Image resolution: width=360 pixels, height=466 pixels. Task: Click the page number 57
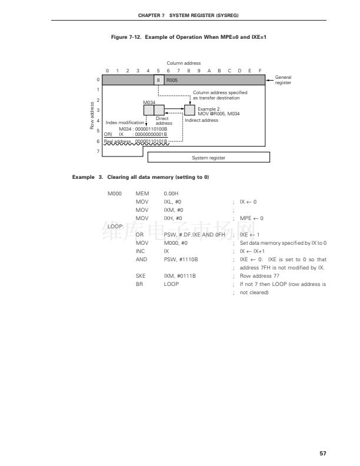323,454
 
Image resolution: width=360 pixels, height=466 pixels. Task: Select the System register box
208,158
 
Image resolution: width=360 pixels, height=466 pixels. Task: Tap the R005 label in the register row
172,79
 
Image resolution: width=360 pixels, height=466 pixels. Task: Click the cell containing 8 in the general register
159,79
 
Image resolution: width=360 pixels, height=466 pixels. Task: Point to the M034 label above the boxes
149,101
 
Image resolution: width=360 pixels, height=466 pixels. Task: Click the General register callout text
283,80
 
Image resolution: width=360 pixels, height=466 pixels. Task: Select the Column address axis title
184,63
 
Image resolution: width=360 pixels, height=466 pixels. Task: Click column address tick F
260,71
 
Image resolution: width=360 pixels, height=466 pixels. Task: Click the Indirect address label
201,120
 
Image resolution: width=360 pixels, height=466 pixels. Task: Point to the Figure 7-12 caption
180,37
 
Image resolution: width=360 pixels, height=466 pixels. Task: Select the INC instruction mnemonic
140,251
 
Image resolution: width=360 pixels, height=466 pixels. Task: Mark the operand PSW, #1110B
181,259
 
